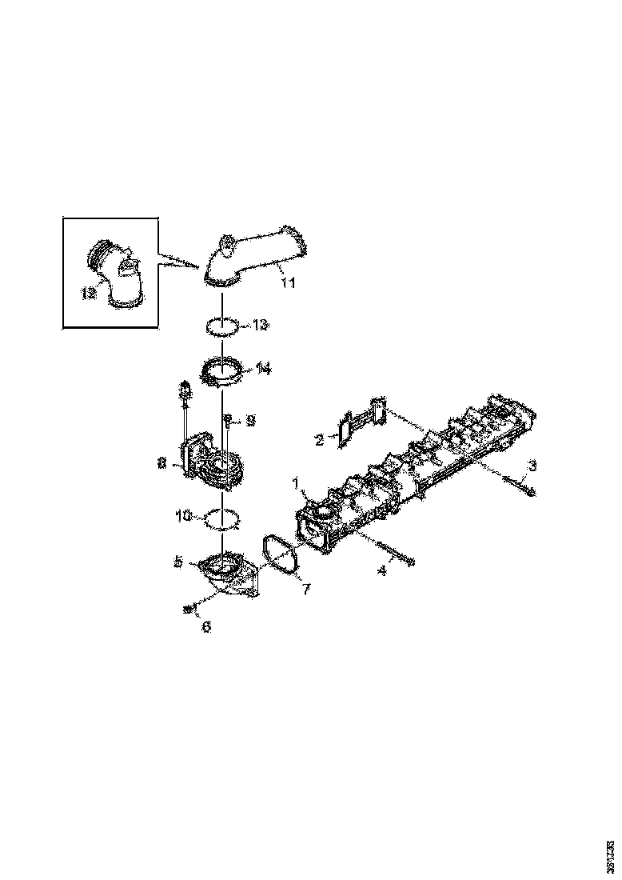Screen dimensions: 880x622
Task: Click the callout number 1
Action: [295, 483]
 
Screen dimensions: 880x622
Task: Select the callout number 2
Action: [319, 439]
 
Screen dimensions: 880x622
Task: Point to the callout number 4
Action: [381, 571]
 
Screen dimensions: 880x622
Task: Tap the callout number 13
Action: [261, 326]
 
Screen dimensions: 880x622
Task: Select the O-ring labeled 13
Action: [223, 326]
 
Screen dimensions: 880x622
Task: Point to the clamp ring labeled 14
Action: [223, 372]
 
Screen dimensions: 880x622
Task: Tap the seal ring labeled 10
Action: [224, 519]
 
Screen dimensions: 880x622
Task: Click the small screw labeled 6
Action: [189, 610]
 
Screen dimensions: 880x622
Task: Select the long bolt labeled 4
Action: [391, 553]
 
